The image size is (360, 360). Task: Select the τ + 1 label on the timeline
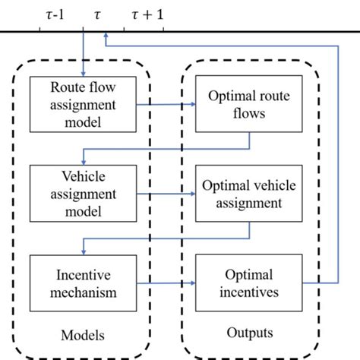coord(148,13)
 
